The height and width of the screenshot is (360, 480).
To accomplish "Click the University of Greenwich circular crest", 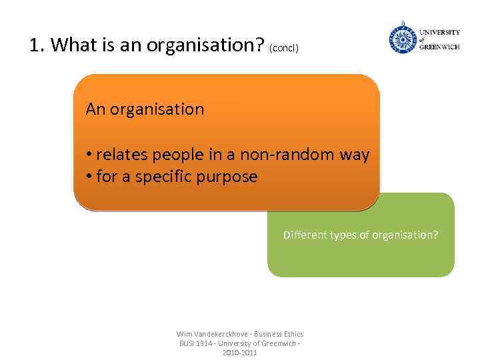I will [x=403, y=39].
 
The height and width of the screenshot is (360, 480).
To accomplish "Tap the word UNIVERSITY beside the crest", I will [x=439, y=32].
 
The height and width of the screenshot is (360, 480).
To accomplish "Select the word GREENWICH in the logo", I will [x=439, y=47].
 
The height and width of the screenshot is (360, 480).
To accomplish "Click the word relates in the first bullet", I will [x=122, y=155].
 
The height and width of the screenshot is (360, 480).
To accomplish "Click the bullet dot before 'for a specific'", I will [x=89, y=177].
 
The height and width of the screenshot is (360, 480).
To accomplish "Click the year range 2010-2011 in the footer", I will [x=239, y=352].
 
